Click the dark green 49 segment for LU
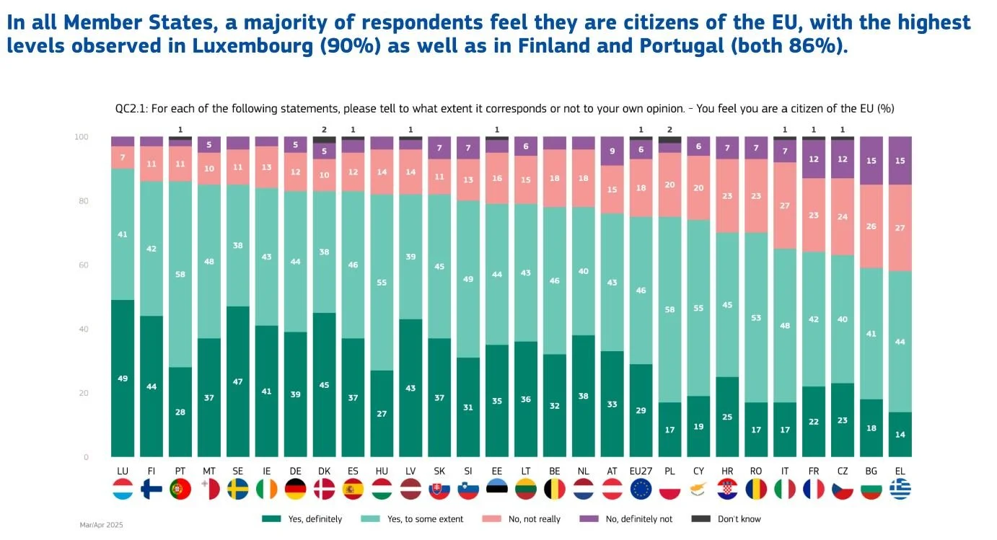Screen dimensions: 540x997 pos(123,378)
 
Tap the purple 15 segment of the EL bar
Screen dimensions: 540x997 pos(900,161)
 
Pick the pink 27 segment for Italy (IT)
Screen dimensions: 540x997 pos(784,205)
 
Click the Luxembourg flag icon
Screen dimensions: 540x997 pos(123,490)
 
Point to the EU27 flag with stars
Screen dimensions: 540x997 pos(641,490)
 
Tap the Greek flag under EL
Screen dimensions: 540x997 pos(900,490)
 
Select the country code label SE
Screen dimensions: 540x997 pos(237,471)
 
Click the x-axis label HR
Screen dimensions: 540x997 pos(727,471)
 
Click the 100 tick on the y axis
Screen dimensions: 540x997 pos(82,137)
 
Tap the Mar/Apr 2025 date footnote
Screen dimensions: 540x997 pos(101,526)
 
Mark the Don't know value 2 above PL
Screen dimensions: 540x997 pos(669,130)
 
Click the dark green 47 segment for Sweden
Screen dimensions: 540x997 pos(237,381)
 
